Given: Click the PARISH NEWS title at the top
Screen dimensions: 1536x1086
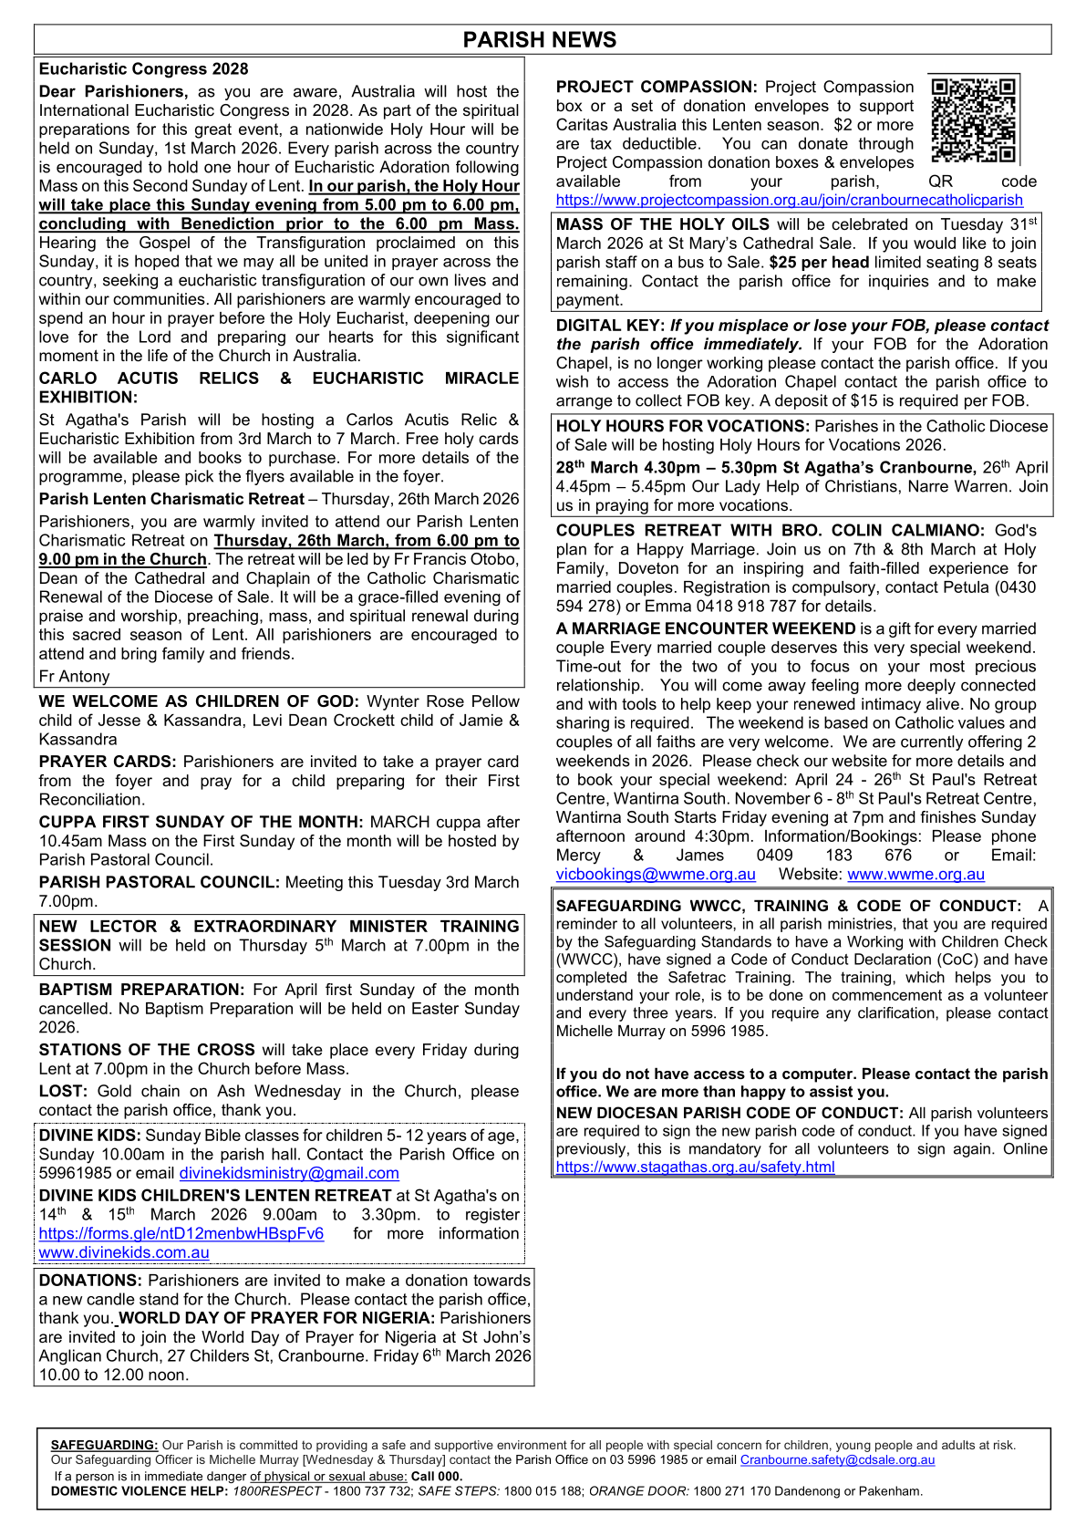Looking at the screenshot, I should point(540,40).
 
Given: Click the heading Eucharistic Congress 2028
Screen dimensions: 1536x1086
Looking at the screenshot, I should point(143,69).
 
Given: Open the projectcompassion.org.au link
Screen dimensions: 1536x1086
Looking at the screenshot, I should point(789,201).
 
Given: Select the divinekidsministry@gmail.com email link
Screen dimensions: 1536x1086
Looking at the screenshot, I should point(289,1174).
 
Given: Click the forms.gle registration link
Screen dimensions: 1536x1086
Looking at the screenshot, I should point(181,1234).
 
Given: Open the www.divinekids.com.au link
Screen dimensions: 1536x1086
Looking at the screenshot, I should point(124,1253).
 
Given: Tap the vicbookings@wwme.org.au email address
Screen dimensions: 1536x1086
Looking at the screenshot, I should point(656,875).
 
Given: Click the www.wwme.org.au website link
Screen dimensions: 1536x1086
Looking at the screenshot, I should point(915,875).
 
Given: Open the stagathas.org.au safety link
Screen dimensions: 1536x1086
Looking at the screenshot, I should point(695,1168).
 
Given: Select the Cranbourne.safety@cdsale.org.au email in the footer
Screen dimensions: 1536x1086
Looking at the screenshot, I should point(837,1460).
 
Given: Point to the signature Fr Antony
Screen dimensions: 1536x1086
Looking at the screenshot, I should point(74,677).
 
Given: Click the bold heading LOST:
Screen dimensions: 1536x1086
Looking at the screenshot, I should point(63,1092).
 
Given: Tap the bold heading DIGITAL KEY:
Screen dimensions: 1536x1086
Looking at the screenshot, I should point(609,326).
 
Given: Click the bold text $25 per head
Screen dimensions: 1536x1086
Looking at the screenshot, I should point(819,263).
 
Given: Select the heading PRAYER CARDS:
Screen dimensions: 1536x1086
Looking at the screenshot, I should point(108,763).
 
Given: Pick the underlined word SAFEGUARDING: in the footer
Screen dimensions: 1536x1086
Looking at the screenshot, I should point(104,1446).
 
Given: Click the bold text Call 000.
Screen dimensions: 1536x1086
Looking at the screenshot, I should point(437,1477).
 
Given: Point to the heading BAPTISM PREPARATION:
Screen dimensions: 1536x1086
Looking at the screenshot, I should point(141,991).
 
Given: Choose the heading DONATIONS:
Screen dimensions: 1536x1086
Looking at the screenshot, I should point(90,1282).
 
